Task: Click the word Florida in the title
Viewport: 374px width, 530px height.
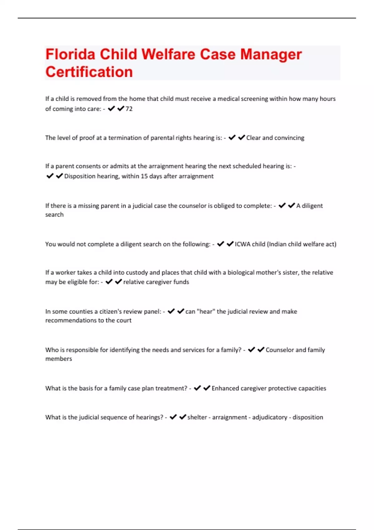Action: coord(70,54)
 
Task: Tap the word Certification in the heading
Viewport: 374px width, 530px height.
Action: coord(89,72)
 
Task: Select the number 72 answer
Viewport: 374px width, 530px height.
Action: coord(129,109)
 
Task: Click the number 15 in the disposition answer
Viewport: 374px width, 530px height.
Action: coord(144,176)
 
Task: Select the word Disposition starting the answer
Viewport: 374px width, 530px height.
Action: coord(79,176)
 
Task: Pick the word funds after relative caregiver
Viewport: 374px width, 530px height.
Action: coord(181,282)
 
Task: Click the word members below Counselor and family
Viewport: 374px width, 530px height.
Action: coord(59,359)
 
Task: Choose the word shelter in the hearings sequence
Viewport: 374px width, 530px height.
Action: coord(197,417)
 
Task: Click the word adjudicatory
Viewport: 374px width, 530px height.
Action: coord(269,417)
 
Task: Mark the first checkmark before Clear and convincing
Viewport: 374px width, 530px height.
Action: coord(232,137)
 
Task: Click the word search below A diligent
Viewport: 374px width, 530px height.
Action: coord(54,215)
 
